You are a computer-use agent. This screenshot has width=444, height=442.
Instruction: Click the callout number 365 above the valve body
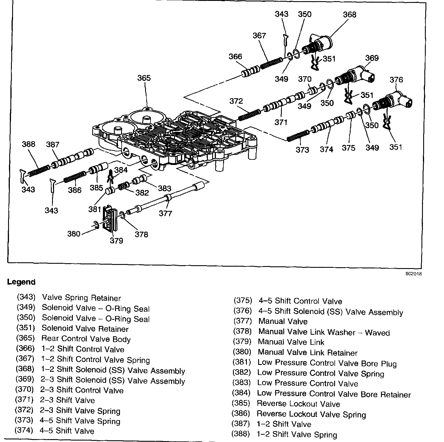[144, 78]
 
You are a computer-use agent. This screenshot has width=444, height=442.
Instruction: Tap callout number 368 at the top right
[349, 14]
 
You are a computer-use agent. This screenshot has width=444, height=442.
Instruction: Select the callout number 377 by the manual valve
[165, 213]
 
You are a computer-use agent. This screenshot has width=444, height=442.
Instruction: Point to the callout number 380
[73, 233]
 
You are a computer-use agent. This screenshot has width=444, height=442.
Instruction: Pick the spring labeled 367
[271, 63]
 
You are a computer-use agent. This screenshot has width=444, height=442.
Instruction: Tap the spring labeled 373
[298, 136]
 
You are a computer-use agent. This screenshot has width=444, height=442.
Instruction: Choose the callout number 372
[236, 101]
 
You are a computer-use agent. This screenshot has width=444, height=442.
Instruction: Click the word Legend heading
[21, 282]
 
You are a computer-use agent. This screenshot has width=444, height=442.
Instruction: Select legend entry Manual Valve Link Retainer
[308, 353]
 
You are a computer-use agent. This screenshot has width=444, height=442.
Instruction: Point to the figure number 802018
[414, 274]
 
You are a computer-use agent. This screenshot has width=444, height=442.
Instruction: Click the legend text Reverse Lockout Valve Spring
[311, 415]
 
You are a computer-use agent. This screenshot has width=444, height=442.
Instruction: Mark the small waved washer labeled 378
[122, 215]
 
